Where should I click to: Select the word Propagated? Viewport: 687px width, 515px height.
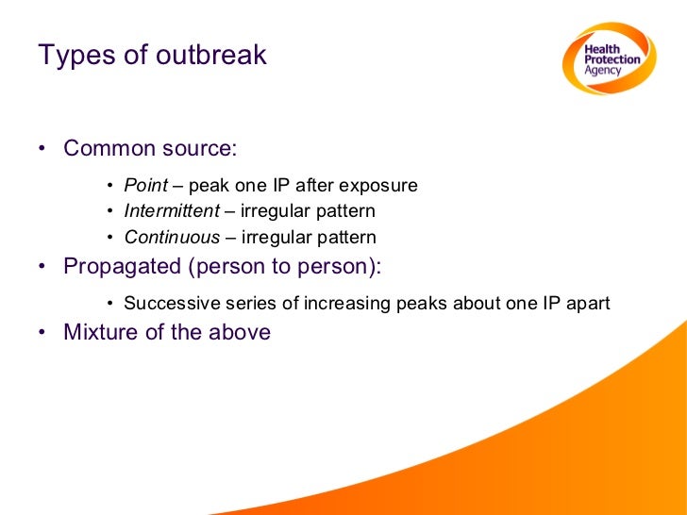click(x=122, y=266)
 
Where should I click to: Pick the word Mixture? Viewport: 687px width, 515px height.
click(x=99, y=332)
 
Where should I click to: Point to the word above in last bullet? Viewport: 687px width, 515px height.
click(x=241, y=332)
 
